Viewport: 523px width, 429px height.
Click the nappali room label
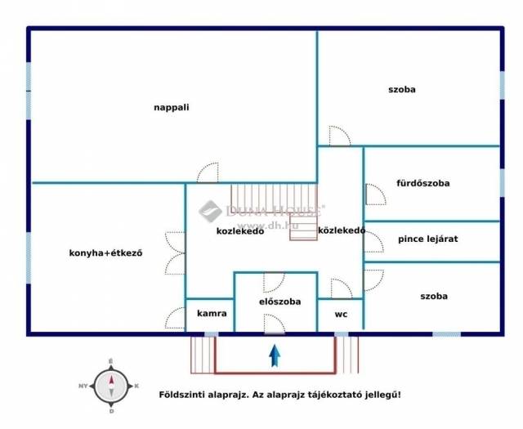click(x=172, y=108)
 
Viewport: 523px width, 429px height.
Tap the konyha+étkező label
click(x=105, y=252)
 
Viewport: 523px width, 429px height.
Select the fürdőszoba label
click(x=423, y=183)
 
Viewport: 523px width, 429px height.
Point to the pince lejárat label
click(x=428, y=239)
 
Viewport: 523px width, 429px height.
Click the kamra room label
click(x=212, y=313)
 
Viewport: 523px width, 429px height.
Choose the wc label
click(x=341, y=314)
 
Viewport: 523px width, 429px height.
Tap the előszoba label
click(x=279, y=302)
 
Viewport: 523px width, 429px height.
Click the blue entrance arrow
click(x=275, y=355)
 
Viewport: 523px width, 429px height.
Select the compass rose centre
click(x=111, y=386)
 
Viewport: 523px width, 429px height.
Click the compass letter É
click(x=111, y=361)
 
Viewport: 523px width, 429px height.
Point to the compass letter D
click(x=111, y=411)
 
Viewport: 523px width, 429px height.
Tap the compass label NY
click(x=83, y=386)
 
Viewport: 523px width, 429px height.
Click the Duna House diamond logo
click(x=210, y=211)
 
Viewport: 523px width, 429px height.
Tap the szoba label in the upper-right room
click(x=402, y=89)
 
